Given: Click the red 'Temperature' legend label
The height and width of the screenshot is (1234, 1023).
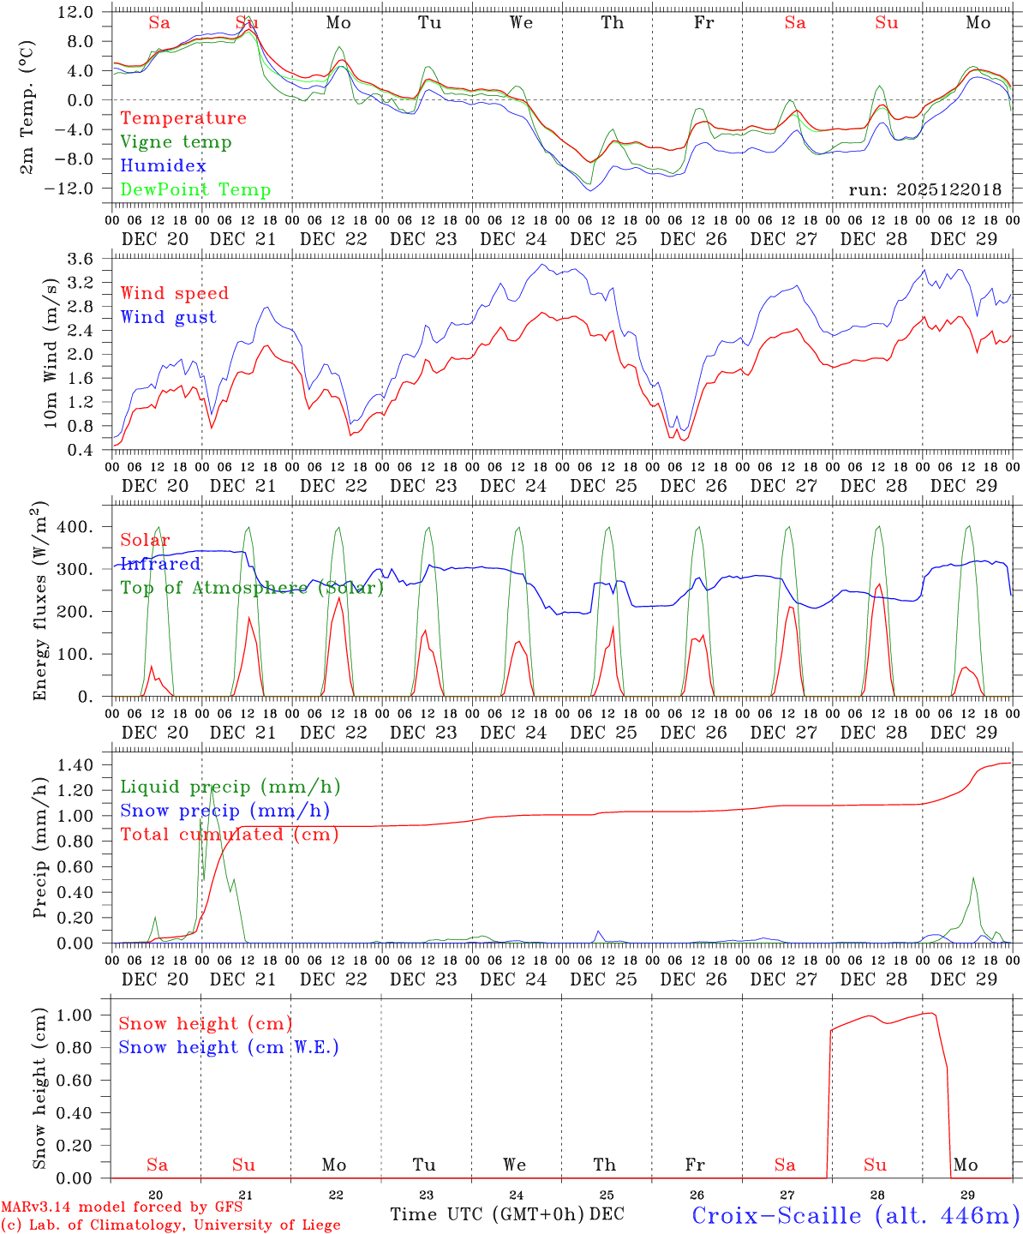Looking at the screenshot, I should (x=182, y=118).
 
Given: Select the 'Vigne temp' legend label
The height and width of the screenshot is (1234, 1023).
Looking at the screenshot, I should (x=176, y=142).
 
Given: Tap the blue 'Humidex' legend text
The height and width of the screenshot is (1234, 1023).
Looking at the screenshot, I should (x=163, y=166).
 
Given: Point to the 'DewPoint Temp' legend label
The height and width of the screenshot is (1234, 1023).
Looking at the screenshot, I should (x=195, y=190).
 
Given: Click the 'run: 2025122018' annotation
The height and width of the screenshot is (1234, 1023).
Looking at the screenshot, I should (x=924, y=190).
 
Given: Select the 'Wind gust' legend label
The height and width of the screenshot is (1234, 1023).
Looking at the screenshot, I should (x=168, y=317).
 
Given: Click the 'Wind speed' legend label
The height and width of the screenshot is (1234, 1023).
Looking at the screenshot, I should (x=175, y=293).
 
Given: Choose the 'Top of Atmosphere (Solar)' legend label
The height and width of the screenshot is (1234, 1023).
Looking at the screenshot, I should (x=252, y=588).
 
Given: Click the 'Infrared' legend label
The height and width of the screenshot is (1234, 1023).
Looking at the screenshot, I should (x=160, y=564).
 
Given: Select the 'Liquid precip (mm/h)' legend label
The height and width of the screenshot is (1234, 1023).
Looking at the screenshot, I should (x=230, y=787).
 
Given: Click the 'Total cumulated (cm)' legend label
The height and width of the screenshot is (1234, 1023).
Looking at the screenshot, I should (x=230, y=835).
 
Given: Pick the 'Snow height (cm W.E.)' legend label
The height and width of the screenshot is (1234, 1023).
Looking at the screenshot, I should (x=229, y=1047).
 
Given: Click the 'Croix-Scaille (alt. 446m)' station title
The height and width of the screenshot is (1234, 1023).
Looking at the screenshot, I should (x=855, y=1215).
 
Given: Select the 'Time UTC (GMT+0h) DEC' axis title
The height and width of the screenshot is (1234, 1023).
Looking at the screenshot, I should (x=507, y=1214).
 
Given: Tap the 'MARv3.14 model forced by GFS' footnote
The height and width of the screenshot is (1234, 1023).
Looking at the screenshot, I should (x=122, y=1207).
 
